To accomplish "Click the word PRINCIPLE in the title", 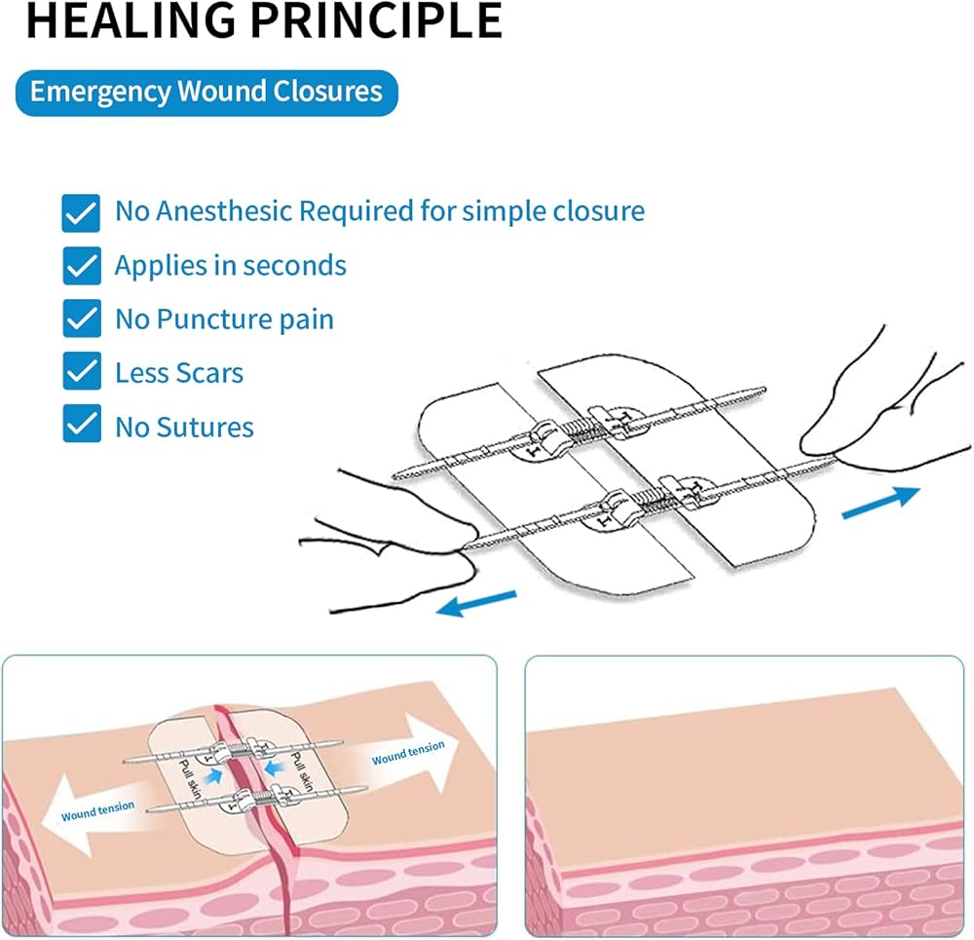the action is (376, 19).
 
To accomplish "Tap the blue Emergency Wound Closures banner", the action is (206, 93).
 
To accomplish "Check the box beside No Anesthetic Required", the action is (81, 213).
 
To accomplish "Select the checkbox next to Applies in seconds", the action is (82, 266).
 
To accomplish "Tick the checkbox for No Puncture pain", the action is (82, 319).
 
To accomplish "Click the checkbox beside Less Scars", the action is (82, 371).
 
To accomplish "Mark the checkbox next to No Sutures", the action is (82, 424).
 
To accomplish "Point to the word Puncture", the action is (214, 320).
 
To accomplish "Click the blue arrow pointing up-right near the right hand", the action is (880, 502).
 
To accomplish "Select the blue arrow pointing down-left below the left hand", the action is (476, 603).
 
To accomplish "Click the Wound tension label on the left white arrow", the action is (97, 810).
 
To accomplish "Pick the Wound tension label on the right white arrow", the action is (408, 752).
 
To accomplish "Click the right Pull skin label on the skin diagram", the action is (302, 771).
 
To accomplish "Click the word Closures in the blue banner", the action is (327, 92).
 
